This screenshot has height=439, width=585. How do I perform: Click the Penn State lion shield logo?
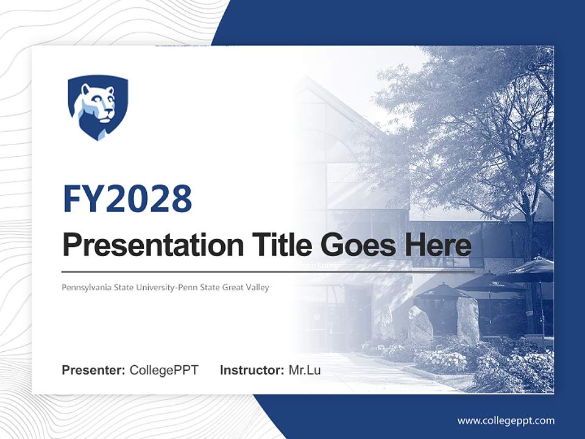pyautogui.click(x=97, y=107)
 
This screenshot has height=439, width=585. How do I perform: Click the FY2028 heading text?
pyautogui.click(x=127, y=199)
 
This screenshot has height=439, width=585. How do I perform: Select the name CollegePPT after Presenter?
pyautogui.click(x=164, y=370)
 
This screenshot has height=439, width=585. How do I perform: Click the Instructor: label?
pyautogui.click(x=252, y=370)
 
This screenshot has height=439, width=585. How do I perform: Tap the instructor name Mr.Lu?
pyautogui.click(x=304, y=370)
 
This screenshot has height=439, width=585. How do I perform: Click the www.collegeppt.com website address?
pyautogui.click(x=506, y=420)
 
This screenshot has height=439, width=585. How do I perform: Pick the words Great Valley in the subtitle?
pyautogui.click(x=246, y=287)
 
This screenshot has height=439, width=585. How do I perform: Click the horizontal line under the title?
pyautogui.click(x=268, y=271)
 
